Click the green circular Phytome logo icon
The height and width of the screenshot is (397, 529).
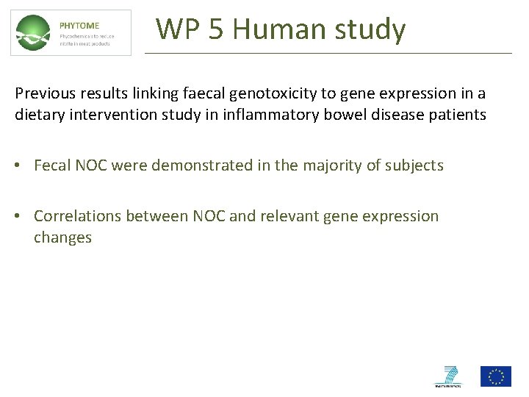click(34, 33)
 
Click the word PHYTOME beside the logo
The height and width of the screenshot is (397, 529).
click(79, 26)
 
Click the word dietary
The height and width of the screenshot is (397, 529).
click(39, 115)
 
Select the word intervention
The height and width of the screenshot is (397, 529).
click(107, 115)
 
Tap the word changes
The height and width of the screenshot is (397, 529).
click(62, 237)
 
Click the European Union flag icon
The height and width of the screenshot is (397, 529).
click(495, 376)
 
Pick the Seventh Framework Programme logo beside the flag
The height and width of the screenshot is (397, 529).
click(447, 376)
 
